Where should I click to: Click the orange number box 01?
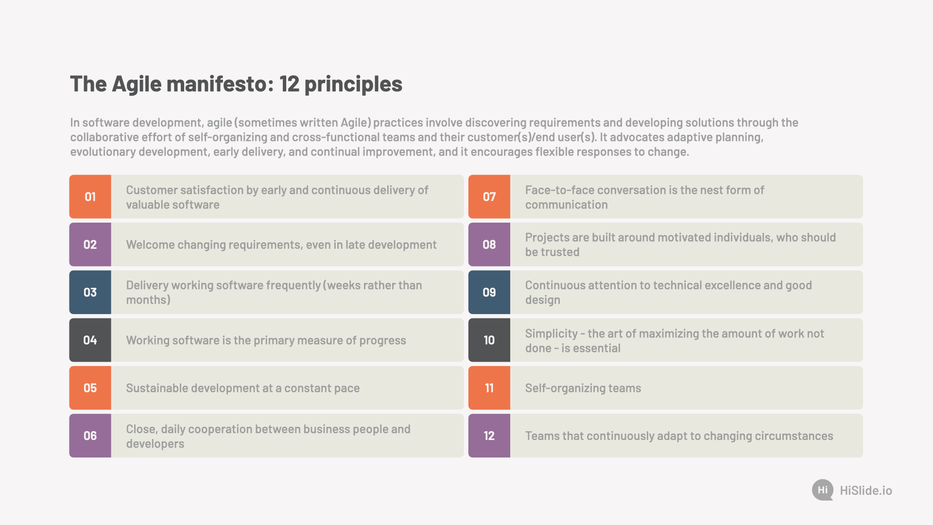coord(90,196)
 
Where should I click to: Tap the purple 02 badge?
coord(90,245)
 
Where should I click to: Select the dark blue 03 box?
coord(90,292)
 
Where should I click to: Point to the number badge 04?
coord(90,340)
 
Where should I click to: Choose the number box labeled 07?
coord(489,196)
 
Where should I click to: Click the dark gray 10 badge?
coord(489,340)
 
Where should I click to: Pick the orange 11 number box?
coord(489,388)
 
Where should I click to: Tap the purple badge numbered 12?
coord(489,436)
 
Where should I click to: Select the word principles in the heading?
coord(353,85)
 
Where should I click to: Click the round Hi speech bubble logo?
coord(823,490)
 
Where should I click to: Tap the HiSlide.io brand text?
coord(866,490)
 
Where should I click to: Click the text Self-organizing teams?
coord(583,388)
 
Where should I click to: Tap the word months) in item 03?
coord(148,300)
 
